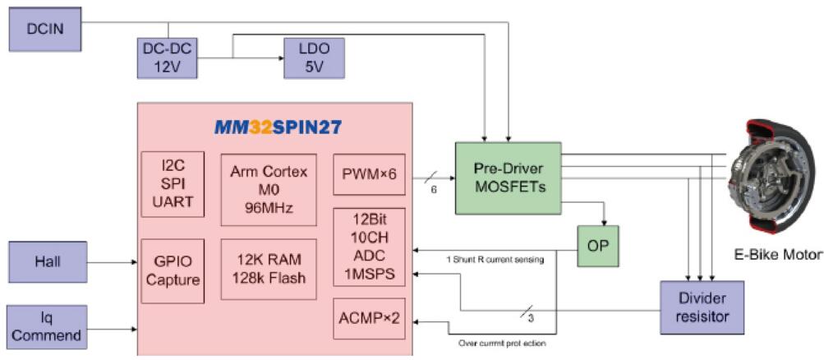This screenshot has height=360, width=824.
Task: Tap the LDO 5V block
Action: click(314, 58)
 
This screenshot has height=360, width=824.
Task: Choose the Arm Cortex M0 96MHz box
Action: click(269, 189)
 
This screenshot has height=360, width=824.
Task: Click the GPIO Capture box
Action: click(173, 270)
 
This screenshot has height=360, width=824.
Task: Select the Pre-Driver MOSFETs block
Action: click(508, 178)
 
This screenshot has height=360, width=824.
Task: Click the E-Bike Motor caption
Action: click(777, 254)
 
